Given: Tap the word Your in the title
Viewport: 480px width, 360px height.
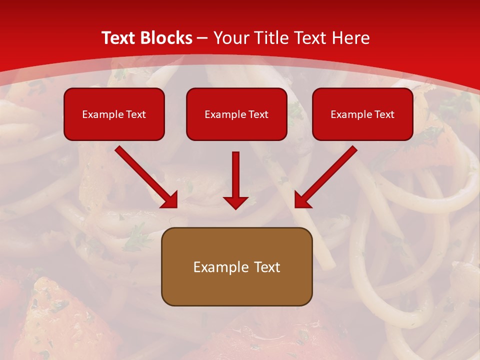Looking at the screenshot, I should tap(233, 38).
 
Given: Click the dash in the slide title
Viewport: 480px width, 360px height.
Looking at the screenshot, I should tap(202, 38).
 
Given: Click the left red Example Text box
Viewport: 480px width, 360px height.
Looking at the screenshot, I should tap(114, 114).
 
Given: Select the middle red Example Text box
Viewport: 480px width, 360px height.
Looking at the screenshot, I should tap(236, 114).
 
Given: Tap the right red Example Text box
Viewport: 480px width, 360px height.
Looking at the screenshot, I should tap(362, 114).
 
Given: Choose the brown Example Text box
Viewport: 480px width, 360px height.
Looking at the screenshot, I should tap(236, 266).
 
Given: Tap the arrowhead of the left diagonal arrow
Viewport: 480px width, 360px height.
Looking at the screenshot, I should tap(170, 200).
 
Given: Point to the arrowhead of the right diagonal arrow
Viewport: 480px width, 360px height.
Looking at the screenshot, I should tap(302, 200).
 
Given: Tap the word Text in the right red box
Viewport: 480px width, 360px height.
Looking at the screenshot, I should tap(384, 114).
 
